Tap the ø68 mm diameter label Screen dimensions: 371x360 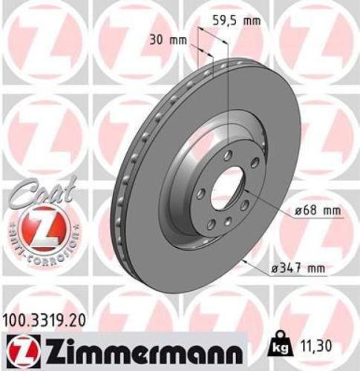pos(317,211)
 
